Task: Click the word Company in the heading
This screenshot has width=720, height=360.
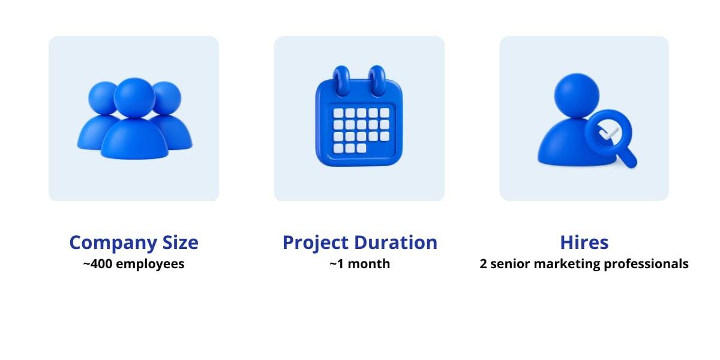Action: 113,243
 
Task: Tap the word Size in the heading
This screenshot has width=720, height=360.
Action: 181,242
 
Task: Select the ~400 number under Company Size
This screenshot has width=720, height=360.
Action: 98,263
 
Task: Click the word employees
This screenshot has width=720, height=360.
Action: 150,265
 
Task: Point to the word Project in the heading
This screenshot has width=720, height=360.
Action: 316,243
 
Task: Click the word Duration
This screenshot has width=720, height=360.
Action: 395,242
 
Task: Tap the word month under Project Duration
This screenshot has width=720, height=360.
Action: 368,264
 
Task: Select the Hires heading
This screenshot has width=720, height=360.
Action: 584,242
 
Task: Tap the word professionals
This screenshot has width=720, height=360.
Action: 646,265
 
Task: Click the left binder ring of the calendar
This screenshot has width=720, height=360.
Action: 341,80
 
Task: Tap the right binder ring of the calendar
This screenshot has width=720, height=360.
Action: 377,80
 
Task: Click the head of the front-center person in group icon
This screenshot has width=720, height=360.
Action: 134,98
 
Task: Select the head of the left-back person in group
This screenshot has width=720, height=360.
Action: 102,98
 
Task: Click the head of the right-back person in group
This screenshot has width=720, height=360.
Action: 167,98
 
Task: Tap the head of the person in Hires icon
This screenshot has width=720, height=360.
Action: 577,95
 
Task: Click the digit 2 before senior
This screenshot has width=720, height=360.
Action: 483,264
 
